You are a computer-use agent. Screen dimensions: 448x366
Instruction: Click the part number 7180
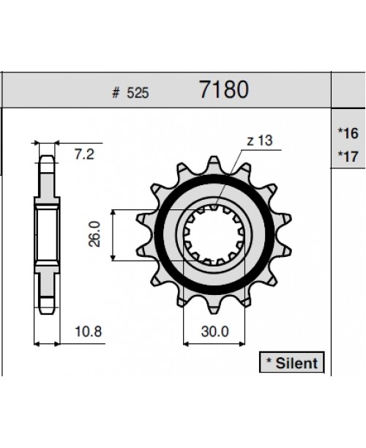(x=223, y=90)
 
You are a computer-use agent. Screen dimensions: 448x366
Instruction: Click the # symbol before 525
(x=116, y=94)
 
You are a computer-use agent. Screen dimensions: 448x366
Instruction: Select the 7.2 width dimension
(x=86, y=155)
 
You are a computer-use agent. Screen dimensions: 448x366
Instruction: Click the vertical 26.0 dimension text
(x=94, y=234)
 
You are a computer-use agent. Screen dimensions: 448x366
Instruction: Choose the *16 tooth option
(x=348, y=133)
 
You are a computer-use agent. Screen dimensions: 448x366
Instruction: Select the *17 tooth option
(x=348, y=155)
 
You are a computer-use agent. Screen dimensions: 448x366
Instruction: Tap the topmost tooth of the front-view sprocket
(x=215, y=163)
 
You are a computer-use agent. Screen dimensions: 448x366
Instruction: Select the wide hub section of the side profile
(x=45, y=234)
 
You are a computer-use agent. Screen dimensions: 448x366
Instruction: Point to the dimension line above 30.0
(x=214, y=343)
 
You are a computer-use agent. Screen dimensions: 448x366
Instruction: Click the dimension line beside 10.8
(x=45, y=343)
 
